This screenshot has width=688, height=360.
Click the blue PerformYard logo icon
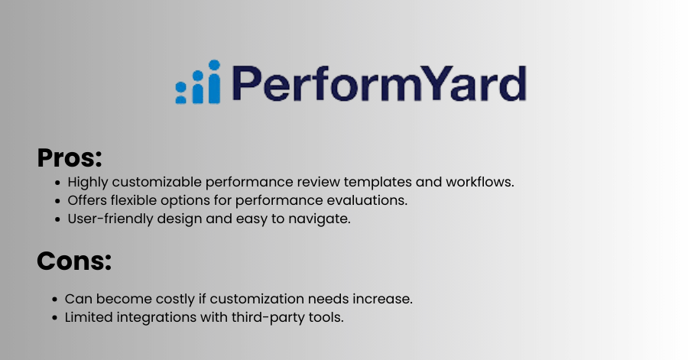[197, 82]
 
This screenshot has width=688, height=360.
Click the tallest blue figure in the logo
[214, 82]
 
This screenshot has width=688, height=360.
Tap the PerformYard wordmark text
[379, 84]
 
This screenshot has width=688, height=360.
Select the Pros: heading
[70, 158]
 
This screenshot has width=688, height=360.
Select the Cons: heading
[74, 261]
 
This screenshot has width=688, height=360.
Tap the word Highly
[88, 183]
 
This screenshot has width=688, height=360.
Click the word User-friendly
[111, 219]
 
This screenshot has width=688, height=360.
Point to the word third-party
[268, 317]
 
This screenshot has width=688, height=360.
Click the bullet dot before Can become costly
[55, 300]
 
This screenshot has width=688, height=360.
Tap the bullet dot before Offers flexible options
[57, 201]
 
